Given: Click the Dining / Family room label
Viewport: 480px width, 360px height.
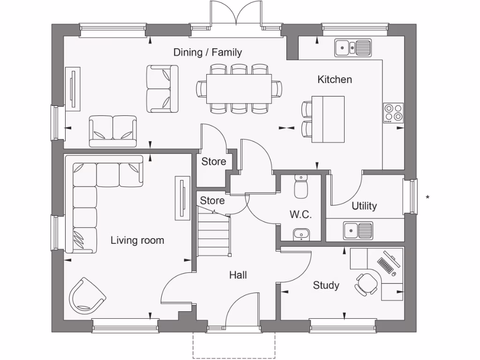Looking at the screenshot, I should coord(208,52).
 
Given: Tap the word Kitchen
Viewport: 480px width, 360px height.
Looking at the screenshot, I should coord(335,80).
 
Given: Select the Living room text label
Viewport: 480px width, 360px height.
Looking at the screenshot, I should coord(137,240).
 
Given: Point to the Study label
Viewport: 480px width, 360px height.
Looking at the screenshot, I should coord(326,285).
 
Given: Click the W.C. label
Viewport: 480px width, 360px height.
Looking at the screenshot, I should coord(300,215).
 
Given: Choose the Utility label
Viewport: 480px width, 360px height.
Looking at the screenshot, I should coord(364,206).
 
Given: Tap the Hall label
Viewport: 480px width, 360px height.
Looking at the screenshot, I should coord(238,275).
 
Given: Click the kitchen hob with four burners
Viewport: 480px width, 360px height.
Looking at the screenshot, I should coord(393,113).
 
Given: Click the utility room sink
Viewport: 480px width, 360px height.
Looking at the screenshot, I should coord(358,230).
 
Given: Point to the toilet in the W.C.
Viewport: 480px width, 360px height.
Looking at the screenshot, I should coord(300,186).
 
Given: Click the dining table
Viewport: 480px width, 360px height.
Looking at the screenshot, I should coord(239,89).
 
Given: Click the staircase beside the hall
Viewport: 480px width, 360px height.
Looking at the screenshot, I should coord(213,232).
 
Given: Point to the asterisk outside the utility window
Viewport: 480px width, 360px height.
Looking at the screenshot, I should coord(427,198).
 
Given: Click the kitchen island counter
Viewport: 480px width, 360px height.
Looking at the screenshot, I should coord(328,119).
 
